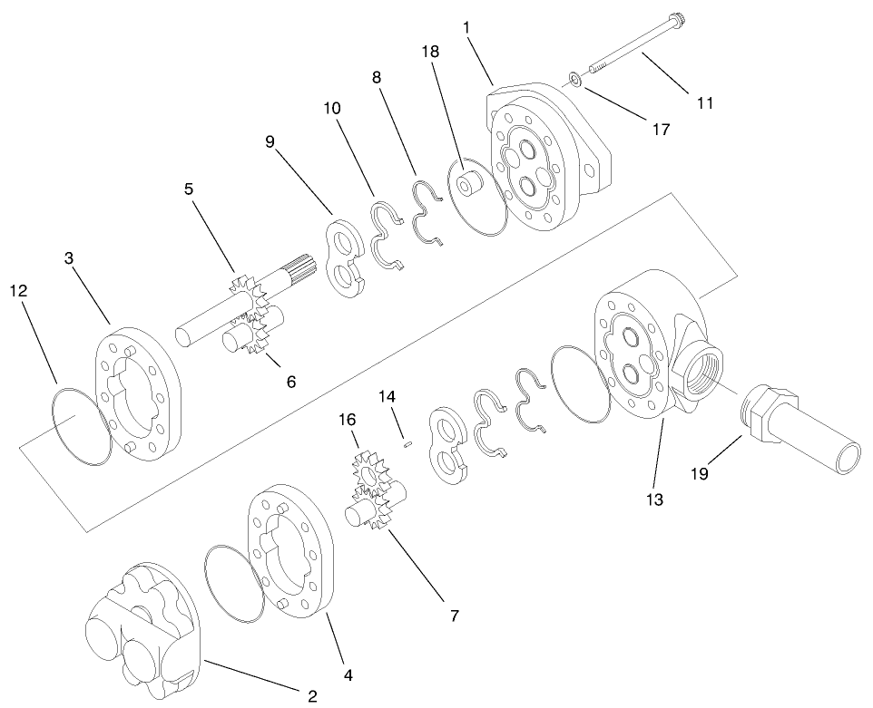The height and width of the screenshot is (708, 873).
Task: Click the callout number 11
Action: click(704, 103)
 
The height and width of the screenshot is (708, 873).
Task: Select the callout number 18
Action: click(430, 53)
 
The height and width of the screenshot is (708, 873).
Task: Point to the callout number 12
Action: click(19, 291)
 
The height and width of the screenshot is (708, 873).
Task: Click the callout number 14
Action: click(387, 396)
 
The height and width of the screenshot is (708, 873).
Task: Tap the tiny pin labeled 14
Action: click(408, 443)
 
